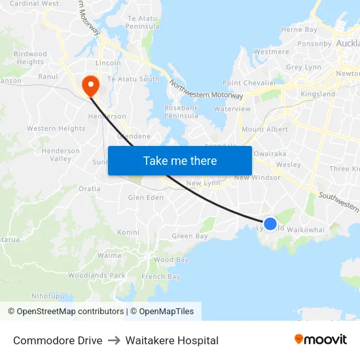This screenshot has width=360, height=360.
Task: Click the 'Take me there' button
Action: (179, 160)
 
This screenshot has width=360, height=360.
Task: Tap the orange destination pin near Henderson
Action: (90, 84)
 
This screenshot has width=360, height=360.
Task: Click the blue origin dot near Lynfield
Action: (270, 224)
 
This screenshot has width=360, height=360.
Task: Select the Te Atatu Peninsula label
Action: (142, 22)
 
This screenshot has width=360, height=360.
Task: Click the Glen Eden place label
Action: (145, 197)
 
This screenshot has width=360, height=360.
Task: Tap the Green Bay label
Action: (189, 236)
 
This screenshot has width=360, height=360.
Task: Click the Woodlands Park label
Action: (96, 276)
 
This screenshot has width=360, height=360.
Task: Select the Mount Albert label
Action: (265, 130)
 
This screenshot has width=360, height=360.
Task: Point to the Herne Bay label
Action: (298, 29)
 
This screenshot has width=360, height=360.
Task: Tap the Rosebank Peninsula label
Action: (181, 111)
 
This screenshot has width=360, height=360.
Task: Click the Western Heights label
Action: (56, 129)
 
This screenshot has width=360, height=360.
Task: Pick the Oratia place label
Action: (90, 189)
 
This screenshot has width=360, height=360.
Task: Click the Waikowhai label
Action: (306, 230)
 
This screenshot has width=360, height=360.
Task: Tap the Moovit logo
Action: (320, 339)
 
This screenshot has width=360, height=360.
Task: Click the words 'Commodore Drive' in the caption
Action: (58, 340)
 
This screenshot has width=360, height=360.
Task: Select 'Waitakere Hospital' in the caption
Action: (172, 340)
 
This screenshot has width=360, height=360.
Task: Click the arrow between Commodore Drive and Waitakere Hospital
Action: (114, 340)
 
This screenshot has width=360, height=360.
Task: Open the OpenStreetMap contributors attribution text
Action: (65, 312)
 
